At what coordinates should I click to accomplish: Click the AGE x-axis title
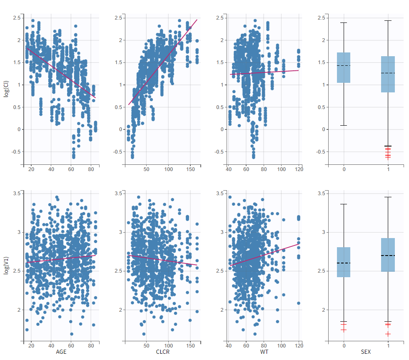click(x=61, y=352)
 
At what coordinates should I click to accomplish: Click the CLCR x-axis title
click(x=163, y=352)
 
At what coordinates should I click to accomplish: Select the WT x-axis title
click(x=264, y=352)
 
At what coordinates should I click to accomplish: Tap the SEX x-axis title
click(x=366, y=352)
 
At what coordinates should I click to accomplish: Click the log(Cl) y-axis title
click(x=6, y=88)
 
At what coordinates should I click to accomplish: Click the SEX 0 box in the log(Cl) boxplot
click(x=344, y=67)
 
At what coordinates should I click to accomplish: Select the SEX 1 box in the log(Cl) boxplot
click(x=388, y=74)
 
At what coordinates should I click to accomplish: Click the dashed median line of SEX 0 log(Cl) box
click(x=344, y=65)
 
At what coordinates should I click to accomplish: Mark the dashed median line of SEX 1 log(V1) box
click(x=388, y=255)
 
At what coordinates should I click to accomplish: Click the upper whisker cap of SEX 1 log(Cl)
click(x=388, y=20)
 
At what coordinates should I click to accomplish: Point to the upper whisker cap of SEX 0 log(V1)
click(x=344, y=204)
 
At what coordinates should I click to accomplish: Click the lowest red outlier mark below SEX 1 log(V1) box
click(x=388, y=334)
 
